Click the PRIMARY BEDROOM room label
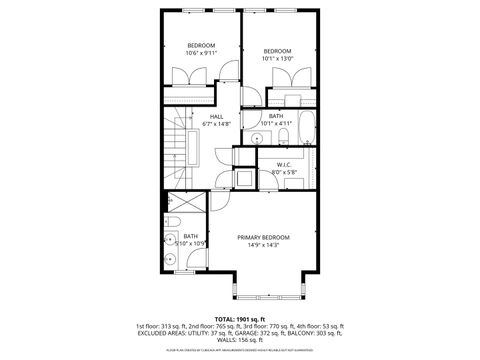click(264, 237)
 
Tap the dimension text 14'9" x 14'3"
click(264, 245)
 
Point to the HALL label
click(216, 116)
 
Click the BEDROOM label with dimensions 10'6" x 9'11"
click(202, 45)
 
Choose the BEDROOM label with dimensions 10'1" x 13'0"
click(277, 51)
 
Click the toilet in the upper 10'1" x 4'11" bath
click(283, 137)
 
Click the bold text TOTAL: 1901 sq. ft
click(240, 318)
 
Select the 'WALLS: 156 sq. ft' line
click(240, 342)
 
